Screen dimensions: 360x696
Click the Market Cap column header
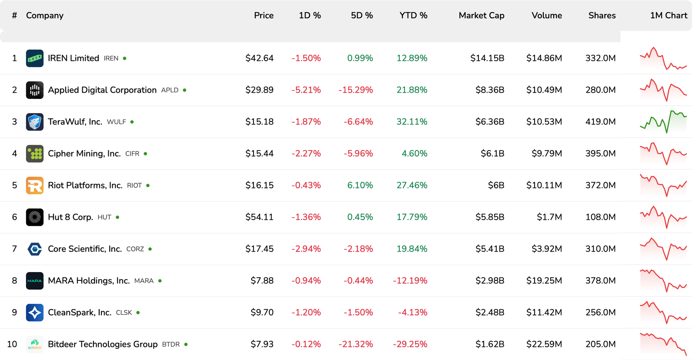pyautogui.click(x=481, y=16)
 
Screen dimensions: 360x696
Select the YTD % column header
pyautogui.click(x=413, y=16)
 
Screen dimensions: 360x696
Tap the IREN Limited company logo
pyautogui.click(x=35, y=58)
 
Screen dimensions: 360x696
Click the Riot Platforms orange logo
pyautogui.click(x=35, y=185)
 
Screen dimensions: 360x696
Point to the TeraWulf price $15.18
pyautogui.click(x=259, y=122)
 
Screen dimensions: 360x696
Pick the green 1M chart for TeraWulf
pyautogui.click(x=663, y=122)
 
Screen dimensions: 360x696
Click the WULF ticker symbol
pyautogui.click(x=116, y=122)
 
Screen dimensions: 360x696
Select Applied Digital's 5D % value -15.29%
pyautogui.click(x=355, y=90)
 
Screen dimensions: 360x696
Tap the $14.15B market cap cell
pyautogui.click(x=487, y=58)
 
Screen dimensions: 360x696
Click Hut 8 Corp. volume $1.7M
pyautogui.click(x=549, y=217)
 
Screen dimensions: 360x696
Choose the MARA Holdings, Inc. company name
pyautogui.click(x=89, y=281)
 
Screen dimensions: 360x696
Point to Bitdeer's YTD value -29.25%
pyautogui.click(x=410, y=344)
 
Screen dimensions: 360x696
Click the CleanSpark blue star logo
pyautogui.click(x=35, y=313)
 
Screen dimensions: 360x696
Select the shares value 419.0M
pyautogui.click(x=600, y=122)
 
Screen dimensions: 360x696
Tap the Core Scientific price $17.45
pyautogui.click(x=259, y=249)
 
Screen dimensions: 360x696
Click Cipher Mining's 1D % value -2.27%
pyautogui.click(x=306, y=154)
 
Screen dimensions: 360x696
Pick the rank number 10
pyautogui.click(x=12, y=344)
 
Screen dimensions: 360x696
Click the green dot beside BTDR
pyautogui.click(x=186, y=344)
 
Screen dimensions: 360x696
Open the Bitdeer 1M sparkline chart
pyautogui.click(x=663, y=344)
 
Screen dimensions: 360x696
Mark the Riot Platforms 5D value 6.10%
pyautogui.click(x=360, y=185)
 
